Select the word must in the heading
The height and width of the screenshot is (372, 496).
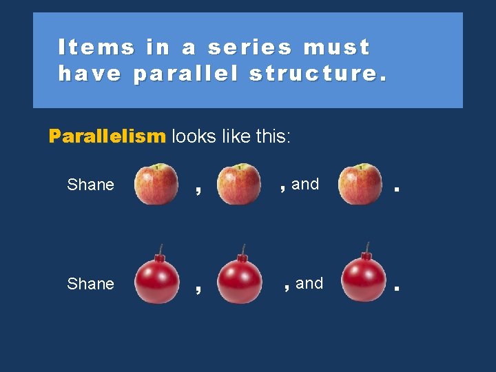click(337, 47)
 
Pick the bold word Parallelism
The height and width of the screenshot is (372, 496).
click(107, 136)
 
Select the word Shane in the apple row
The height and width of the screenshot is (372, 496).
click(90, 185)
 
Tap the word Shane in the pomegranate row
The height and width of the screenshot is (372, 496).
click(90, 284)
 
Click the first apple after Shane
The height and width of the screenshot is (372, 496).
click(156, 185)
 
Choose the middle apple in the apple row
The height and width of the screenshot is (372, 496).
click(239, 185)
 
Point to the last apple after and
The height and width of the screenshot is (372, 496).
click(360, 185)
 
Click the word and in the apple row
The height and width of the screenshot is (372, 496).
click(305, 184)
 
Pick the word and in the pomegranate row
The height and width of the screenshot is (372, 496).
click(309, 283)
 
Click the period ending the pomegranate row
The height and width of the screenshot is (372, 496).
click(396, 287)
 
